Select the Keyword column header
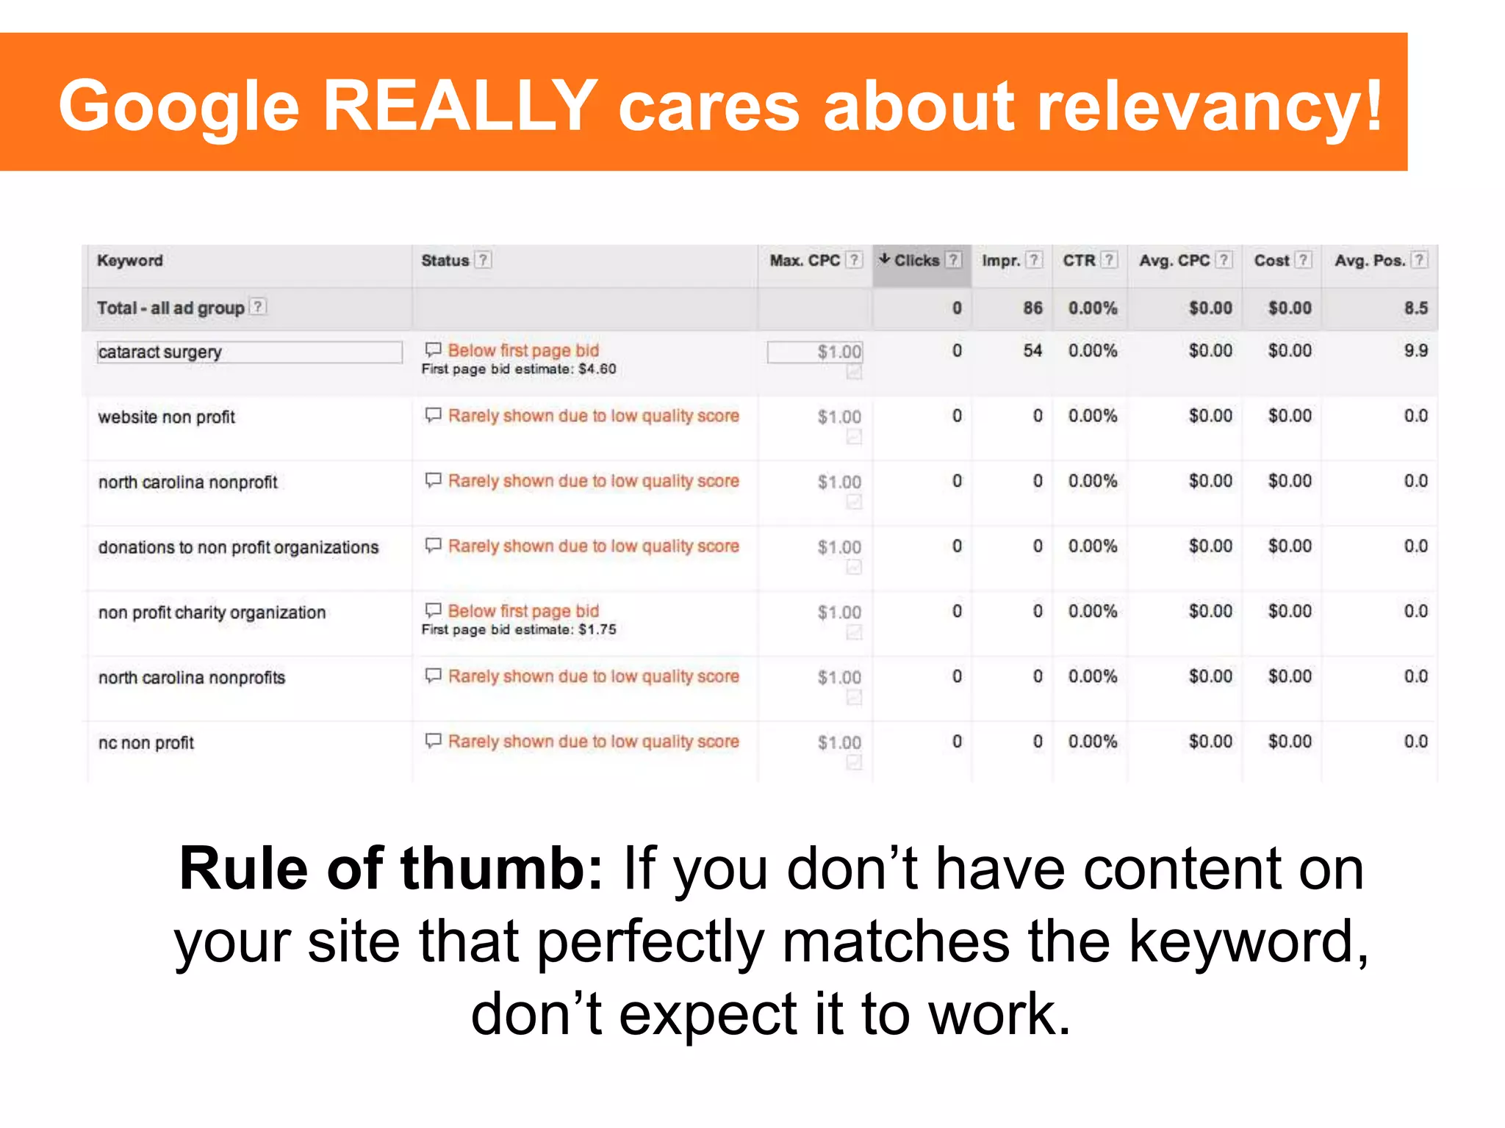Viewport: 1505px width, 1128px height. click(x=130, y=261)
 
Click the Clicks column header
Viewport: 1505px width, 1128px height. click(x=916, y=261)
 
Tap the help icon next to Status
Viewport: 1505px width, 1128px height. click(x=483, y=260)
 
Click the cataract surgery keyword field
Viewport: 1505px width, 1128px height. click(x=248, y=352)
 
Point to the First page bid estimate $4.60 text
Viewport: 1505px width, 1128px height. click(x=518, y=369)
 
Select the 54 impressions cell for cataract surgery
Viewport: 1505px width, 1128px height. click(x=1032, y=351)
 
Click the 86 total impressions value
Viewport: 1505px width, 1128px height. click(x=1032, y=308)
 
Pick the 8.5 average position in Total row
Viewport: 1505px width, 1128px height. click(x=1415, y=308)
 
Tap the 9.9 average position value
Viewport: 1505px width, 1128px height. click(x=1415, y=351)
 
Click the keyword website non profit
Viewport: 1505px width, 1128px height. click(x=167, y=417)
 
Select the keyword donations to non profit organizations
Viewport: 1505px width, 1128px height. click(x=238, y=548)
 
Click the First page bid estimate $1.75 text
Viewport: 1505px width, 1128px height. click(x=518, y=630)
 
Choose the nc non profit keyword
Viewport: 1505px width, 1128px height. click(x=146, y=743)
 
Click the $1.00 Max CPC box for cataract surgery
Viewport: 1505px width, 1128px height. click(x=814, y=352)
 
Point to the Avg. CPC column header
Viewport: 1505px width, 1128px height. click(x=1174, y=261)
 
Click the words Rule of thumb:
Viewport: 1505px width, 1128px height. click(x=391, y=869)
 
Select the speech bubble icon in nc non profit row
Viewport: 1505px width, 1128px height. click(x=434, y=740)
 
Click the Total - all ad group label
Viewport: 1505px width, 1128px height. click(x=170, y=308)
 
